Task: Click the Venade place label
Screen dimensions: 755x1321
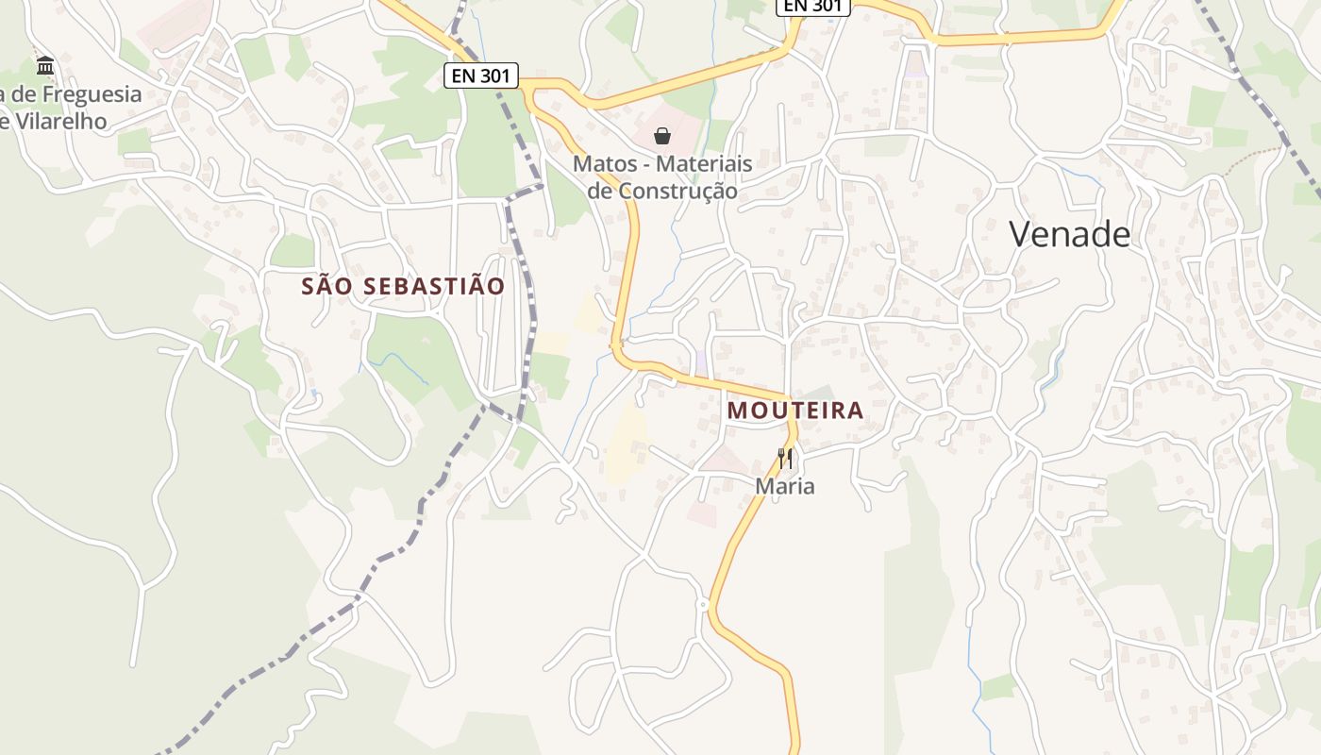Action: tap(1069, 234)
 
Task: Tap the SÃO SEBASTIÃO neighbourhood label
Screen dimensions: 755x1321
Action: tap(403, 286)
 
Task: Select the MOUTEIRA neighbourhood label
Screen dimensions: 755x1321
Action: tap(795, 410)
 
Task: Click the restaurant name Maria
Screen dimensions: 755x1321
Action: tap(784, 486)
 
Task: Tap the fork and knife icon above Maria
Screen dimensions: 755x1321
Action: tap(784, 459)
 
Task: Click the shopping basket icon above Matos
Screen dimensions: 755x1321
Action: tap(662, 137)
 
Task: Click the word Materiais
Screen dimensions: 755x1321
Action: tap(704, 163)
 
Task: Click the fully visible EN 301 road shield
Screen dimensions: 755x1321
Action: tap(481, 75)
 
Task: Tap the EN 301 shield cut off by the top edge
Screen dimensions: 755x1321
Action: tap(813, 6)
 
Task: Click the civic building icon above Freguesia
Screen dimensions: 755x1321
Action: tap(45, 66)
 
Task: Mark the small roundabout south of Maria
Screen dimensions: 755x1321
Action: tap(703, 604)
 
